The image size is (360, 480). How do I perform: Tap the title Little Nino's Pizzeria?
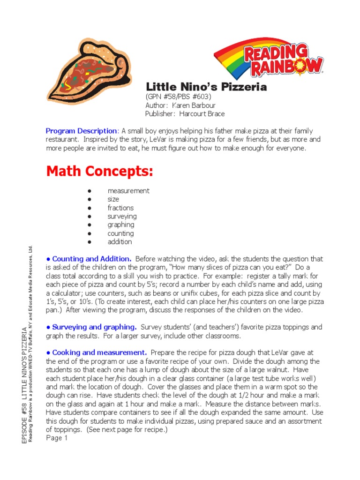(x=206, y=87)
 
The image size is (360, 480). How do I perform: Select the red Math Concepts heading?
(x=99, y=172)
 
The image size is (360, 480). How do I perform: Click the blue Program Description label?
(x=81, y=131)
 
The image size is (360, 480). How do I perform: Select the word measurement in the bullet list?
(x=128, y=191)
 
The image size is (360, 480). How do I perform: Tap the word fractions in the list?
(x=120, y=208)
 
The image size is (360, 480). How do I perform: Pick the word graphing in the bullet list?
(x=121, y=225)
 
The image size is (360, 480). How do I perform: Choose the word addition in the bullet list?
(x=120, y=242)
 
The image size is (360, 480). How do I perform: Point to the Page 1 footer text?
(x=57, y=438)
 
